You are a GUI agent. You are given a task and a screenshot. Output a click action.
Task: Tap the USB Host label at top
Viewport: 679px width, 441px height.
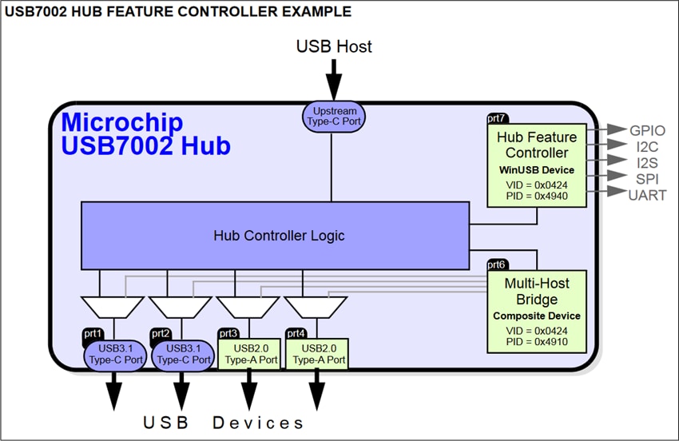click(x=334, y=46)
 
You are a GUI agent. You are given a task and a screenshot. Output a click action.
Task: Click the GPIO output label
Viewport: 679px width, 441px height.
click(x=647, y=130)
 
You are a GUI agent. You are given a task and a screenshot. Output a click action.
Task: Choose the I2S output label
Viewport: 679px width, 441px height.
click(x=647, y=161)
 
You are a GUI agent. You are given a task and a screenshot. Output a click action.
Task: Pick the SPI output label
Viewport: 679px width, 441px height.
click(x=647, y=177)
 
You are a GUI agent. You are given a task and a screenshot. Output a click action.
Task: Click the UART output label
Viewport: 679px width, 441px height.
click(x=647, y=194)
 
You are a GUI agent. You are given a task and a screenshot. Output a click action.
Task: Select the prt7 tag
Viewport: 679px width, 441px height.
click(x=497, y=118)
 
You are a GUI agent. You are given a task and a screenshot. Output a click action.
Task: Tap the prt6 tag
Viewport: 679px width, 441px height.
click(x=497, y=264)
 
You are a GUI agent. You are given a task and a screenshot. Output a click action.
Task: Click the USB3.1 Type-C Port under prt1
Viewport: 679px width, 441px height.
click(x=114, y=354)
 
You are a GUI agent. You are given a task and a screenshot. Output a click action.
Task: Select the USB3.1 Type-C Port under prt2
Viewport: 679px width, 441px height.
click(x=182, y=354)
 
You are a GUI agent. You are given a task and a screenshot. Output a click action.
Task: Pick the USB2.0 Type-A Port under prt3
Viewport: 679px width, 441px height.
click(x=248, y=354)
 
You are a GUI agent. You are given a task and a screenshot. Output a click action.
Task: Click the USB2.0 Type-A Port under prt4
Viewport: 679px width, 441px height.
click(x=316, y=354)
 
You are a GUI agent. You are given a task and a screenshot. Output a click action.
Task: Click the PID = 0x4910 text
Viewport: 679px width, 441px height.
click(x=537, y=342)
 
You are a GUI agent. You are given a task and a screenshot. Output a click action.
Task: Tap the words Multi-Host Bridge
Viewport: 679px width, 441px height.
click(x=537, y=292)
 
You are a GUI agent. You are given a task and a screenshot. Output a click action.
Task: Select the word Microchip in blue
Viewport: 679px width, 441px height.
click(x=122, y=123)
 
